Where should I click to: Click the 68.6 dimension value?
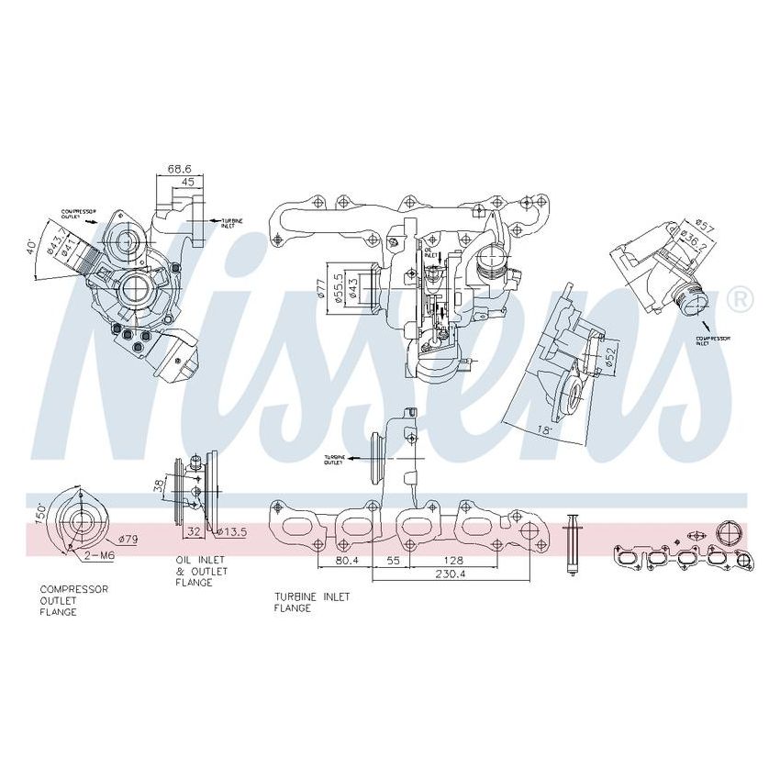(x=179, y=170)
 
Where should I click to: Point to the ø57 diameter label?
(x=705, y=223)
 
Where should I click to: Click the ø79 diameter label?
(x=126, y=540)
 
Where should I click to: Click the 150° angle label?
(x=39, y=512)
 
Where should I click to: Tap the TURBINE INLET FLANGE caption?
(x=312, y=602)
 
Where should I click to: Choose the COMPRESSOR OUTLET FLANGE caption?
(x=74, y=600)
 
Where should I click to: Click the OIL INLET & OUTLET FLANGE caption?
(x=202, y=571)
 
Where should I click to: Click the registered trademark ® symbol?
(x=740, y=299)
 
